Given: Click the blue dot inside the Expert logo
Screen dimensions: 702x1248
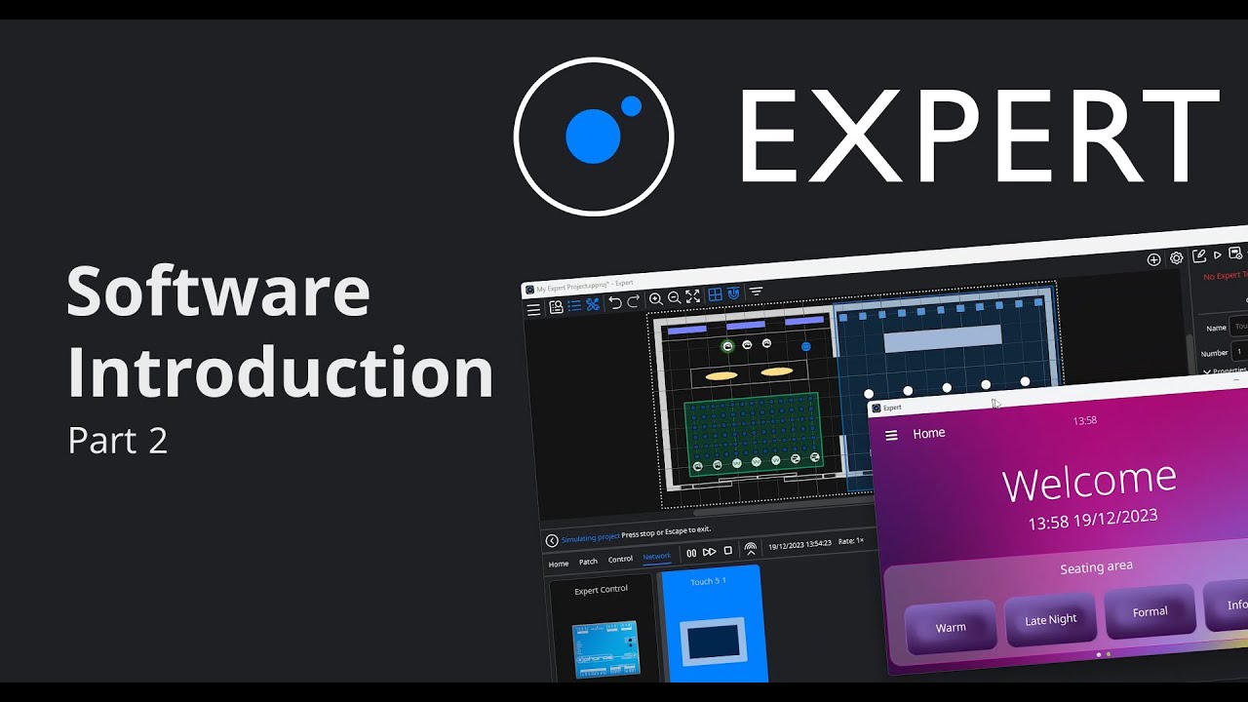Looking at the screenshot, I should pos(594,136).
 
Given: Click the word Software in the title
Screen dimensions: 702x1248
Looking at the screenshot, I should pos(218,292).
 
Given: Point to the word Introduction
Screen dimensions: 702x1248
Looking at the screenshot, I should pos(280,372).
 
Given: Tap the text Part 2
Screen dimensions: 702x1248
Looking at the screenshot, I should pos(118,441).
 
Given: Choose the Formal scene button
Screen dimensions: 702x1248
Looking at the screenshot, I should pos(1150,611).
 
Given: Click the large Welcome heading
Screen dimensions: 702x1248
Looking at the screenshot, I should pos(1089,481).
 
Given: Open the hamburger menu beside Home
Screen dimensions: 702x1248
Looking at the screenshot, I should pos(891,435).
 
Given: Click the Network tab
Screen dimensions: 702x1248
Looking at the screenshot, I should pos(657,557).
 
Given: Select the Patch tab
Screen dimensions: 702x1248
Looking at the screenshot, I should pos(588,562).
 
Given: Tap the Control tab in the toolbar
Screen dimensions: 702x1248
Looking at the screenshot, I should pos(620,560).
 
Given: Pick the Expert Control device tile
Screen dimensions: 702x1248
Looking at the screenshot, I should pos(602,629).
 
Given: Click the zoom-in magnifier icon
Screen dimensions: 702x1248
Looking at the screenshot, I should pos(656,298).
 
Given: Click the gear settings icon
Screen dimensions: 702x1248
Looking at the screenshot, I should pos(1177,258).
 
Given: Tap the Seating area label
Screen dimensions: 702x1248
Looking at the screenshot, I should pos(1096,567).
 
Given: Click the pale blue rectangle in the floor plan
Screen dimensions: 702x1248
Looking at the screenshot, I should pos(942,338).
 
